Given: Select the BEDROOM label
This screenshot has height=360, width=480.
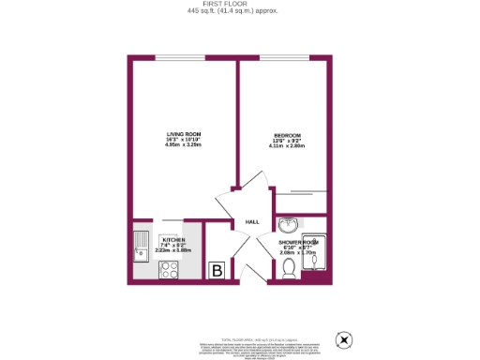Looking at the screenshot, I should tap(287, 137).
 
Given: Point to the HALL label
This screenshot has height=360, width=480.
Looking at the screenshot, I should tap(252, 222).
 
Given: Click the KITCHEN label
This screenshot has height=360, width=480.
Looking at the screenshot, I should tap(172, 239).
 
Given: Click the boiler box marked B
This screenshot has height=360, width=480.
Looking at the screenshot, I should tap(217, 270).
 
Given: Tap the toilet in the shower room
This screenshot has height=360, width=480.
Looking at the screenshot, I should tap(290, 269).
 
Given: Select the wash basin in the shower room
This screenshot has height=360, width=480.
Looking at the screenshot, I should tap(289, 225).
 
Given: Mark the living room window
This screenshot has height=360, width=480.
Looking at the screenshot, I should tap(181, 59).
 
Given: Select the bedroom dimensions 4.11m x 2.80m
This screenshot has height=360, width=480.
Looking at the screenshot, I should tap(287, 146).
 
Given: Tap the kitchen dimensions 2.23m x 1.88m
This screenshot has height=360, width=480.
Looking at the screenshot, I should tap(172, 250).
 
